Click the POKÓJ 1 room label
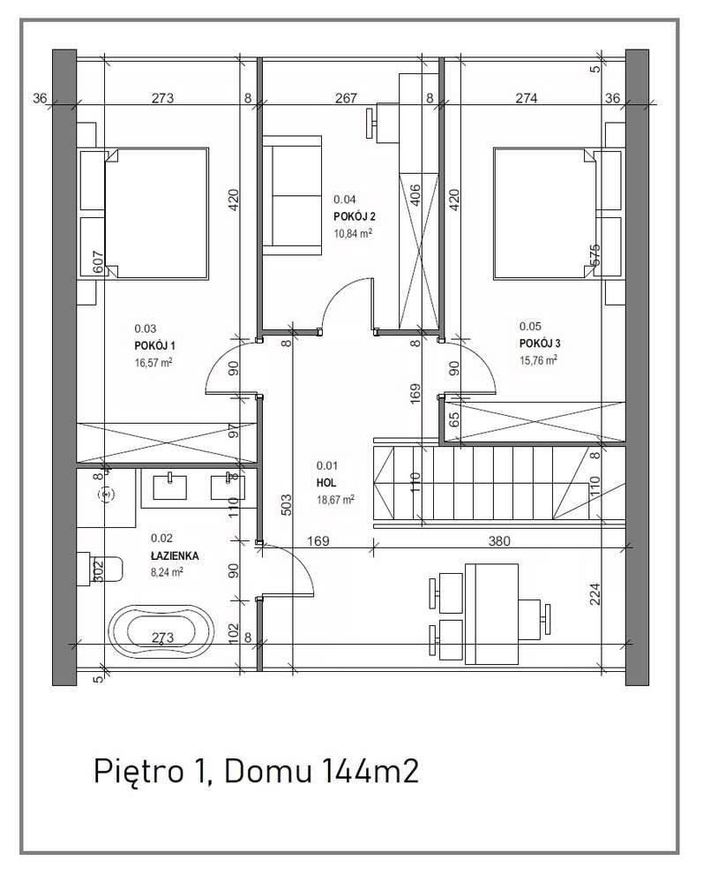[154, 346]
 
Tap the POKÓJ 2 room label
[355, 216]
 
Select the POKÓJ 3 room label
[540, 343]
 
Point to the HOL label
[326, 483]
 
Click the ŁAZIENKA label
[175, 555]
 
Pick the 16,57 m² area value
[153, 362]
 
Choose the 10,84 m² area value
[353, 233]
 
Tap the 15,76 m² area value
[538, 360]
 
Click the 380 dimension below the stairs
[499, 541]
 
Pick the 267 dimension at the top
[346, 98]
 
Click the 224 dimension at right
[595, 593]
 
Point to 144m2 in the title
[370, 771]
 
